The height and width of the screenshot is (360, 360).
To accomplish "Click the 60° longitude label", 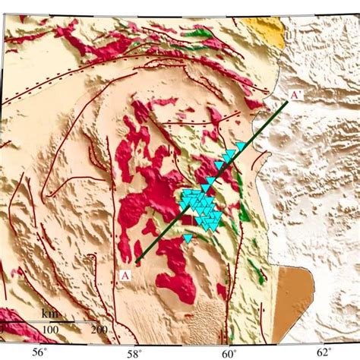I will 229,351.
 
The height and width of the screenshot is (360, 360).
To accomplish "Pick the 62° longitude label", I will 323,351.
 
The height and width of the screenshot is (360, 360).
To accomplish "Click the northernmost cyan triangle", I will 241,146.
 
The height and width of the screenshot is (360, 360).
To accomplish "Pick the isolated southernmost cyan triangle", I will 188,238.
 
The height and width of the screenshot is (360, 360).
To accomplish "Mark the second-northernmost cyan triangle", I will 229,154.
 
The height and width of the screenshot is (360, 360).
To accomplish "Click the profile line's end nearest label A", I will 136,262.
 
